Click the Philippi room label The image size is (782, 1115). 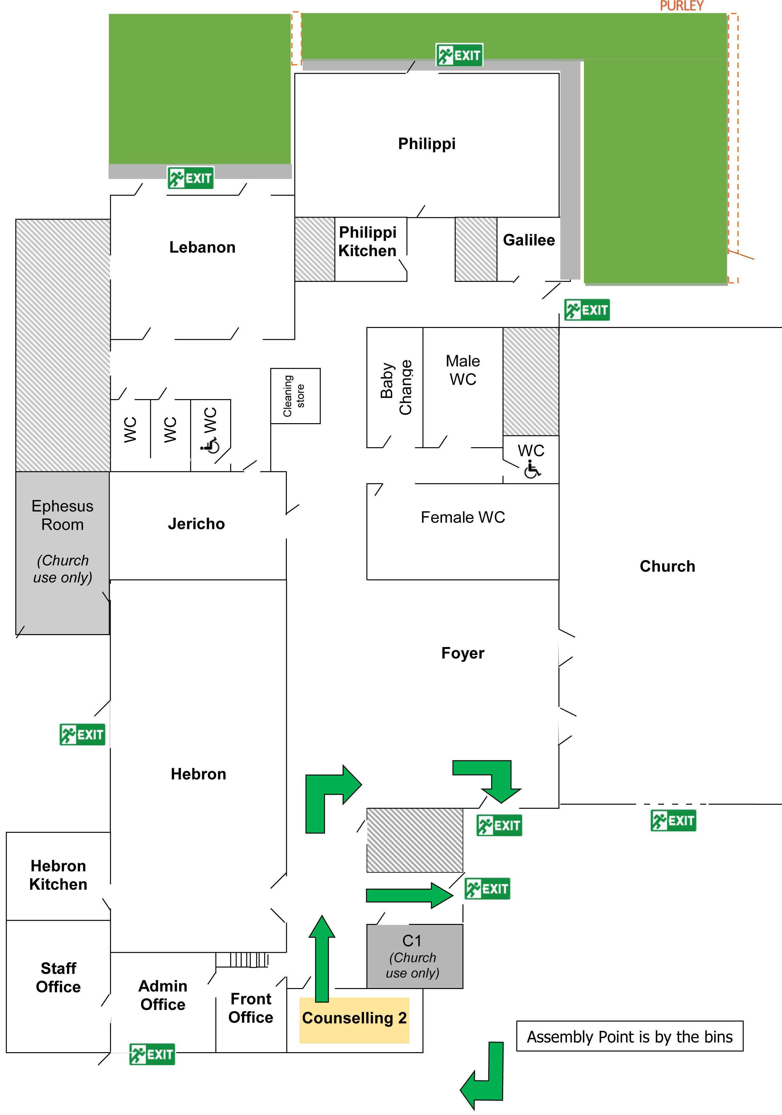(x=427, y=144)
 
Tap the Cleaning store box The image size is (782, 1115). (x=295, y=396)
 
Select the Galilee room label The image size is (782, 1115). (x=528, y=240)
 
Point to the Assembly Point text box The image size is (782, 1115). (x=629, y=1036)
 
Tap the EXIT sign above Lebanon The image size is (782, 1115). (x=190, y=178)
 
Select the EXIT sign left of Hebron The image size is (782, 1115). (x=82, y=734)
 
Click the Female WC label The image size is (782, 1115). (x=462, y=517)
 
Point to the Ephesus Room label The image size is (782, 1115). (x=62, y=515)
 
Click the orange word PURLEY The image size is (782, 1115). (x=681, y=6)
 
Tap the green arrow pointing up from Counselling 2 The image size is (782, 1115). (x=322, y=959)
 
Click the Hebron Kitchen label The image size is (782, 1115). (x=58, y=875)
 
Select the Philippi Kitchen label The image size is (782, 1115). (x=368, y=241)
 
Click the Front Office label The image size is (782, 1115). (x=251, y=1008)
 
